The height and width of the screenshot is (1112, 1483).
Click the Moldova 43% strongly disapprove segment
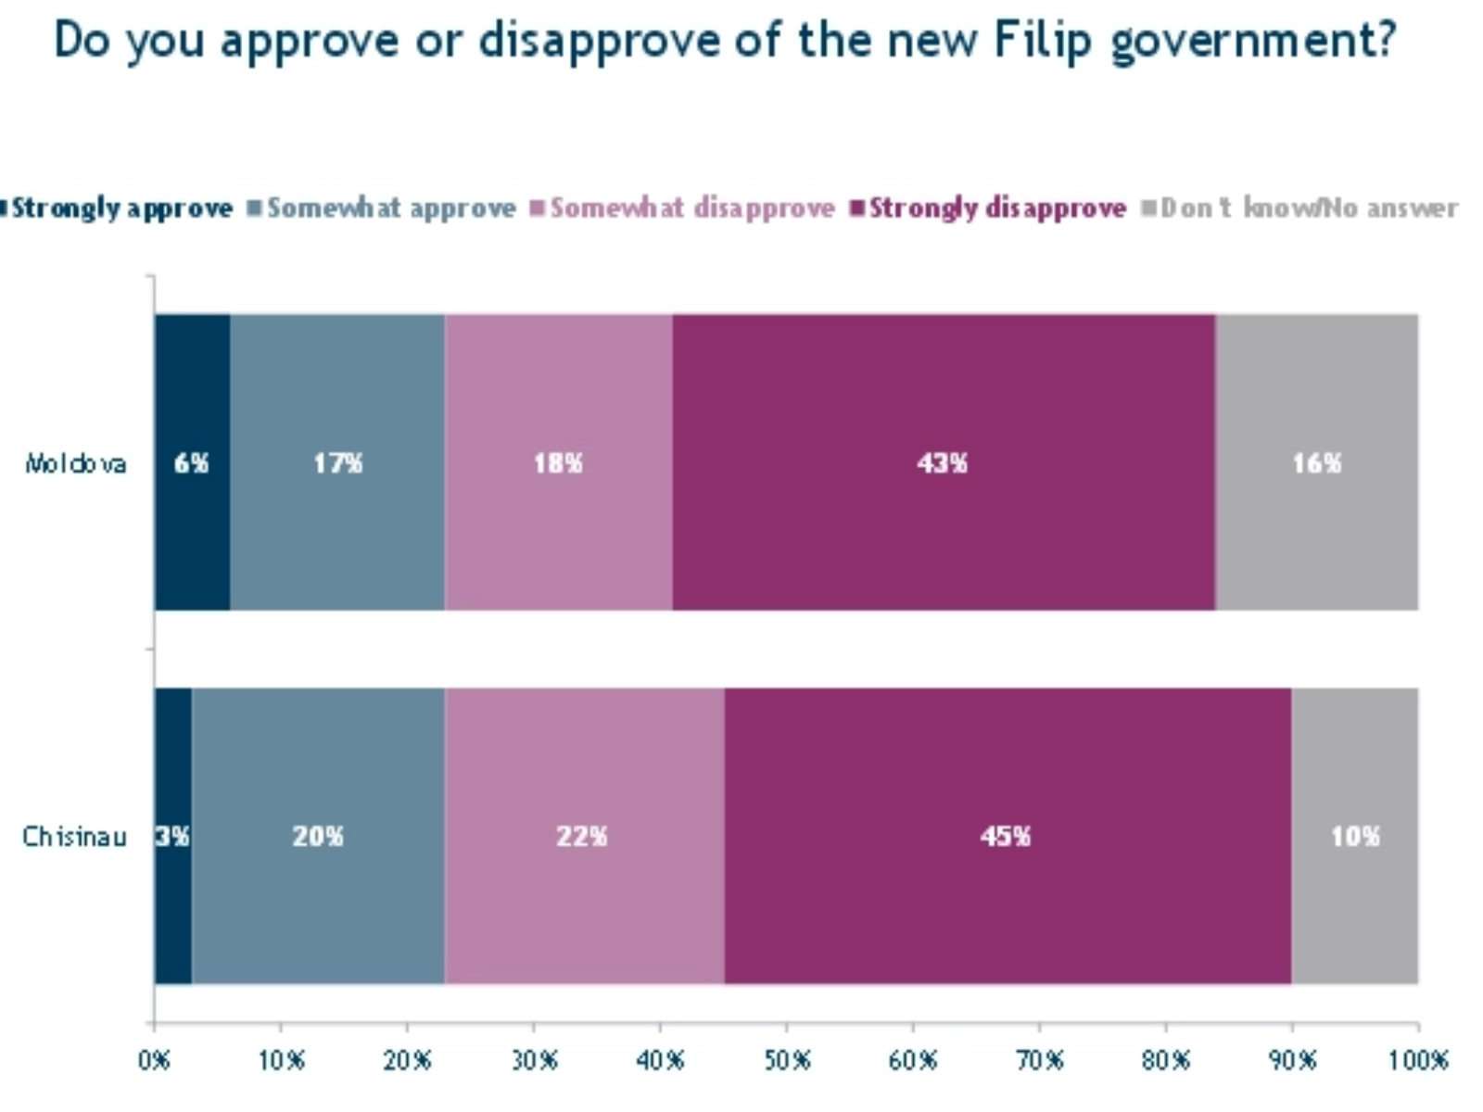[944, 462]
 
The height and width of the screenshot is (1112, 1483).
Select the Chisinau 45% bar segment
[1008, 836]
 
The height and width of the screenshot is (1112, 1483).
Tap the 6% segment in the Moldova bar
[192, 462]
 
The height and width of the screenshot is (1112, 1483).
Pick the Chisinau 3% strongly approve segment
[172, 836]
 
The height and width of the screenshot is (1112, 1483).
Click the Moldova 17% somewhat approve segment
[337, 462]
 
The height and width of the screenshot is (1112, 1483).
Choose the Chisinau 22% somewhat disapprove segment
[583, 836]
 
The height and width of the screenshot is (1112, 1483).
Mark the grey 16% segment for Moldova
[1317, 462]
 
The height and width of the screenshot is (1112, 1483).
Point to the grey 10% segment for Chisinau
[1355, 836]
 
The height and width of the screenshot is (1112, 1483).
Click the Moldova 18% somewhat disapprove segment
[558, 462]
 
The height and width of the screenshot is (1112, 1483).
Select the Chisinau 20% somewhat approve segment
[318, 836]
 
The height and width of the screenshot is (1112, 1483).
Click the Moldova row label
[75, 463]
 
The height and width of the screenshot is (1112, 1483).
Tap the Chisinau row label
[74, 837]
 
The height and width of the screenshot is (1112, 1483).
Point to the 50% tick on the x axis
[787, 1059]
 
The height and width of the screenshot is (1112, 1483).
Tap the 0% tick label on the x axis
[154, 1059]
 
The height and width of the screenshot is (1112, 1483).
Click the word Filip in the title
[1043, 39]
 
